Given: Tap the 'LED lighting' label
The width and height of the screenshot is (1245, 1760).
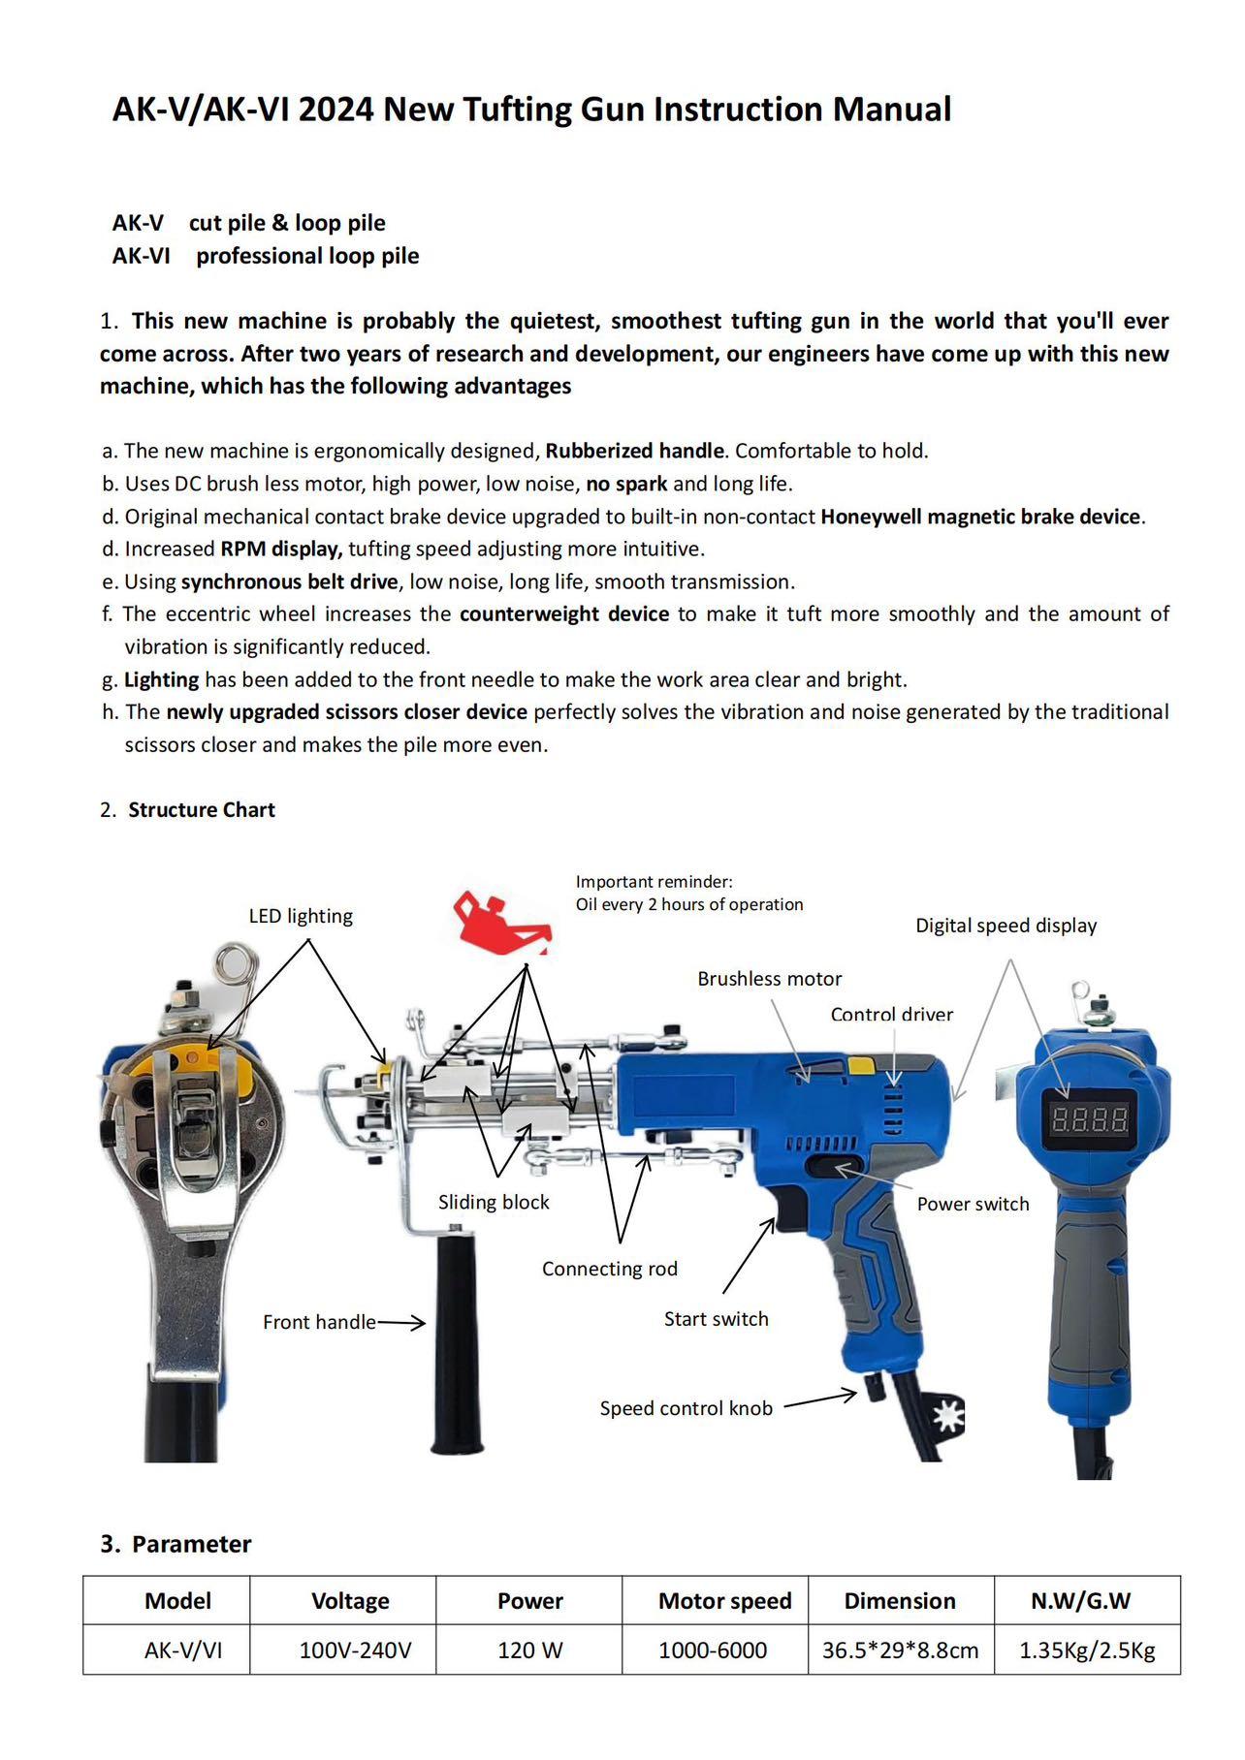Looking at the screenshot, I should (x=301, y=916).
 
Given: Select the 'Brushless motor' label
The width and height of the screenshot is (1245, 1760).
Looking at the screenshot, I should (x=769, y=979).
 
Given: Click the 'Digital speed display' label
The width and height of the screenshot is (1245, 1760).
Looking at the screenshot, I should (x=1006, y=926).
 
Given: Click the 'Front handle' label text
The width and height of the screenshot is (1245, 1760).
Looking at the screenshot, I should (x=319, y=1322).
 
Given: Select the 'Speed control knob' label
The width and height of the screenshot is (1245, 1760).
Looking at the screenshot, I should (x=686, y=1408).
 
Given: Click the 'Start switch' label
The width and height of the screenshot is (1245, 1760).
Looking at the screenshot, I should (x=716, y=1319).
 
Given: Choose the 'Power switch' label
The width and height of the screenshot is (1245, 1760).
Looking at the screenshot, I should (x=973, y=1204).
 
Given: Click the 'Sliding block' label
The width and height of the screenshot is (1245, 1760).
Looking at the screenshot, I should (x=494, y=1203).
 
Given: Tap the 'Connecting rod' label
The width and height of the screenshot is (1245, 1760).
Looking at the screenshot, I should (x=609, y=1269).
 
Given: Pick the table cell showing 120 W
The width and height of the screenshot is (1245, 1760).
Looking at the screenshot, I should (x=529, y=1650).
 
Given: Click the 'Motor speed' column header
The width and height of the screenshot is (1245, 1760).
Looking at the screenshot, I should (x=724, y=1601).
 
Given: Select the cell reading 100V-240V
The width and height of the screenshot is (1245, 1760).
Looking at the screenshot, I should (x=355, y=1650).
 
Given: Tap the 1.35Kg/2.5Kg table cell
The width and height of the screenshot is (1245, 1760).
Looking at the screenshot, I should (x=1086, y=1650).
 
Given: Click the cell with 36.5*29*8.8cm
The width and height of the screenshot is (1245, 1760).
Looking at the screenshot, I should (x=900, y=1650).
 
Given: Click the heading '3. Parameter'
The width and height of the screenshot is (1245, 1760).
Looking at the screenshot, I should (x=176, y=1544).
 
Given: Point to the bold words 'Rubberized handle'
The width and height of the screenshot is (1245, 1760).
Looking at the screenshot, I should (x=634, y=451).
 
